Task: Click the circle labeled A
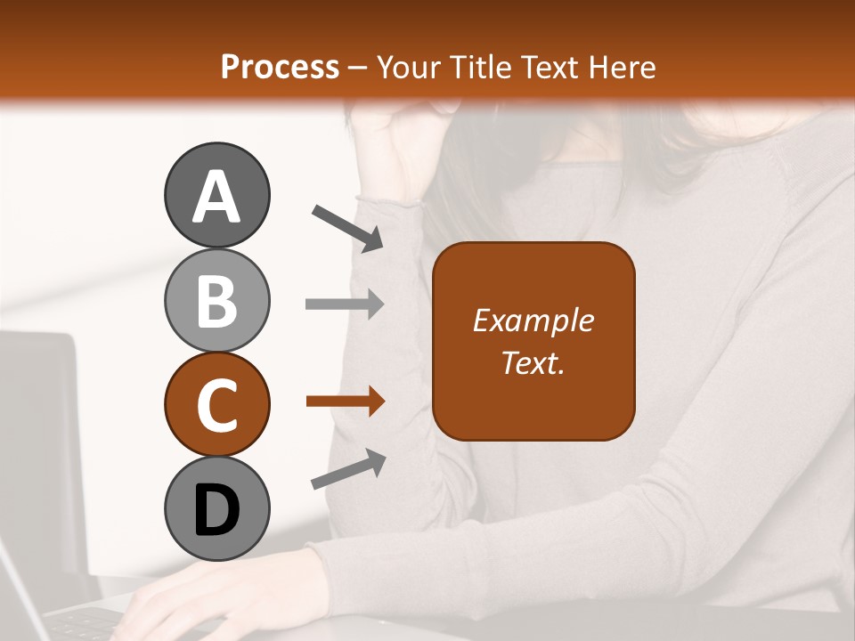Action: pyautogui.click(x=216, y=195)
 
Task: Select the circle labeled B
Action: pyautogui.click(x=216, y=300)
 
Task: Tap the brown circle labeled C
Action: pyautogui.click(x=216, y=404)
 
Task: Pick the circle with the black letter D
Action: pyautogui.click(x=216, y=508)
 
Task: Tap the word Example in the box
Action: pyautogui.click(x=533, y=320)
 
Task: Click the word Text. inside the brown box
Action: pyautogui.click(x=533, y=362)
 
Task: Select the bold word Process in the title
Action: pyautogui.click(x=280, y=67)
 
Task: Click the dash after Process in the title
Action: pyautogui.click(x=358, y=68)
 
